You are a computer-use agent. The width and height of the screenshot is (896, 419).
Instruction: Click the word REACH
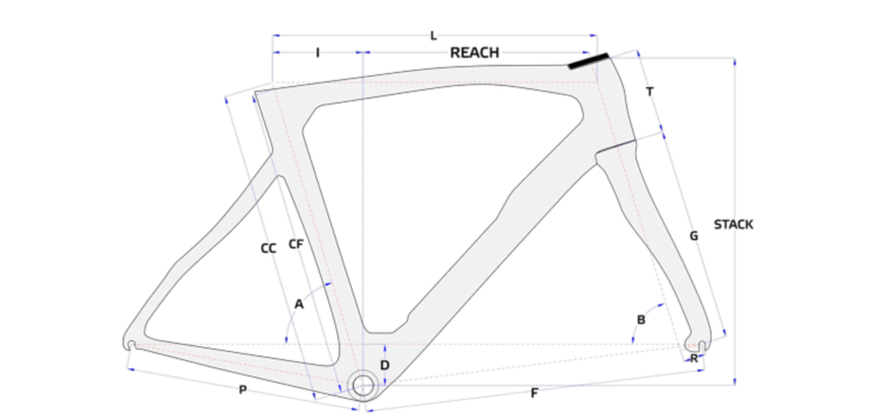coord(474,52)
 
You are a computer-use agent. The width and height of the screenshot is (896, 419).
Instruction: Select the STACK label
coord(733,225)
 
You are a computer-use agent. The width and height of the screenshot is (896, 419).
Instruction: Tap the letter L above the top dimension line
coord(434,36)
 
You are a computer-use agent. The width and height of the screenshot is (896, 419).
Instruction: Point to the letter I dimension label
coord(318,53)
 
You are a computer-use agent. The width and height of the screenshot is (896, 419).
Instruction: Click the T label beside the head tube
coord(650,92)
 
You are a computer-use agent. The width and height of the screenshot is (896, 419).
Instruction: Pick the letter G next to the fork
coord(694,235)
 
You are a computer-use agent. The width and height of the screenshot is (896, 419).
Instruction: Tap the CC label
coord(268,248)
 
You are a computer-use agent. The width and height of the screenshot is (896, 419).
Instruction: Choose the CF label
coord(296,244)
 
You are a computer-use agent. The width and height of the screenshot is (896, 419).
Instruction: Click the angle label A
coord(299,304)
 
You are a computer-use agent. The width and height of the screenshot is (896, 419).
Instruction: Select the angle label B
coord(641,319)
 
